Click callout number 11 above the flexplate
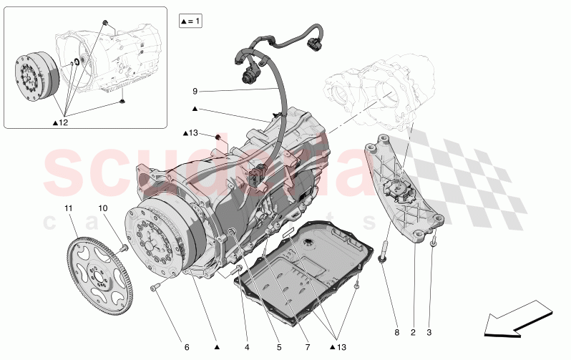click(x=69, y=208)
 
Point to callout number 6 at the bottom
click(x=187, y=347)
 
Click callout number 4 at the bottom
click(x=246, y=347)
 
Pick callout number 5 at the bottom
click(x=278, y=347)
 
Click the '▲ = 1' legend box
click(x=191, y=22)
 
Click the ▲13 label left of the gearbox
click(x=190, y=133)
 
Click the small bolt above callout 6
click(x=155, y=288)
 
